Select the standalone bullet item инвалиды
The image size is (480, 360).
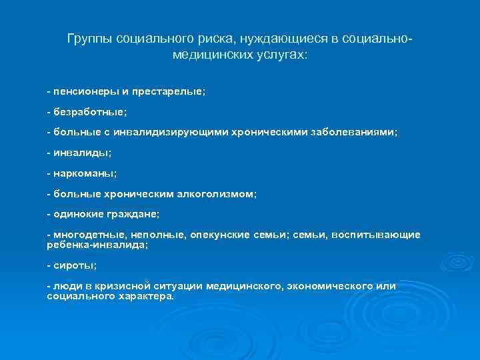79,153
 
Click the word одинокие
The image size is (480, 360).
77,215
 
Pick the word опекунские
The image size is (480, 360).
220,235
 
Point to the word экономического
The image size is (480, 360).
329,286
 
